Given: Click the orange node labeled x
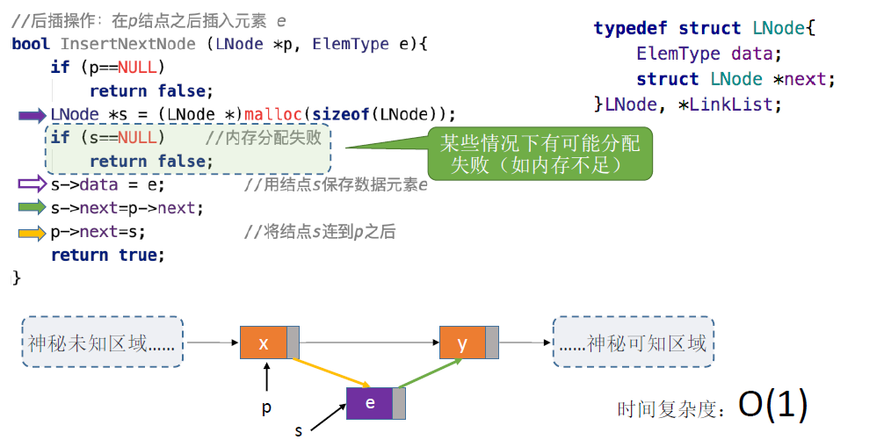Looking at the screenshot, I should (264, 342).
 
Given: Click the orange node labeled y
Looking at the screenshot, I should (463, 342).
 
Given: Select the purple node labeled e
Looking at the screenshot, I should (370, 403).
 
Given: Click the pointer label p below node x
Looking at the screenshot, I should (266, 407).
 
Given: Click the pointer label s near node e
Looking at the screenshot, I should (299, 431).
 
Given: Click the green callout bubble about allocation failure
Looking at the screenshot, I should (540, 154).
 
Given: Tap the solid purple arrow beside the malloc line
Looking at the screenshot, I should (32, 114).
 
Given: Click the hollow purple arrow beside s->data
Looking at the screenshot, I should (32, 184).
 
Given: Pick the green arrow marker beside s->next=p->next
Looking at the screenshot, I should (32, 208).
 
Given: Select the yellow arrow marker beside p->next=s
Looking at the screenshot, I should (32, 233).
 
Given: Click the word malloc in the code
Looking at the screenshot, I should (272, 114).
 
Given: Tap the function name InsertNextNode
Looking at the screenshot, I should (131, 43).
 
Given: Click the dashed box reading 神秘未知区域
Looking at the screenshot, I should (101, 342).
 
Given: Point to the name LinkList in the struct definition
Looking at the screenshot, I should (735, 105).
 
